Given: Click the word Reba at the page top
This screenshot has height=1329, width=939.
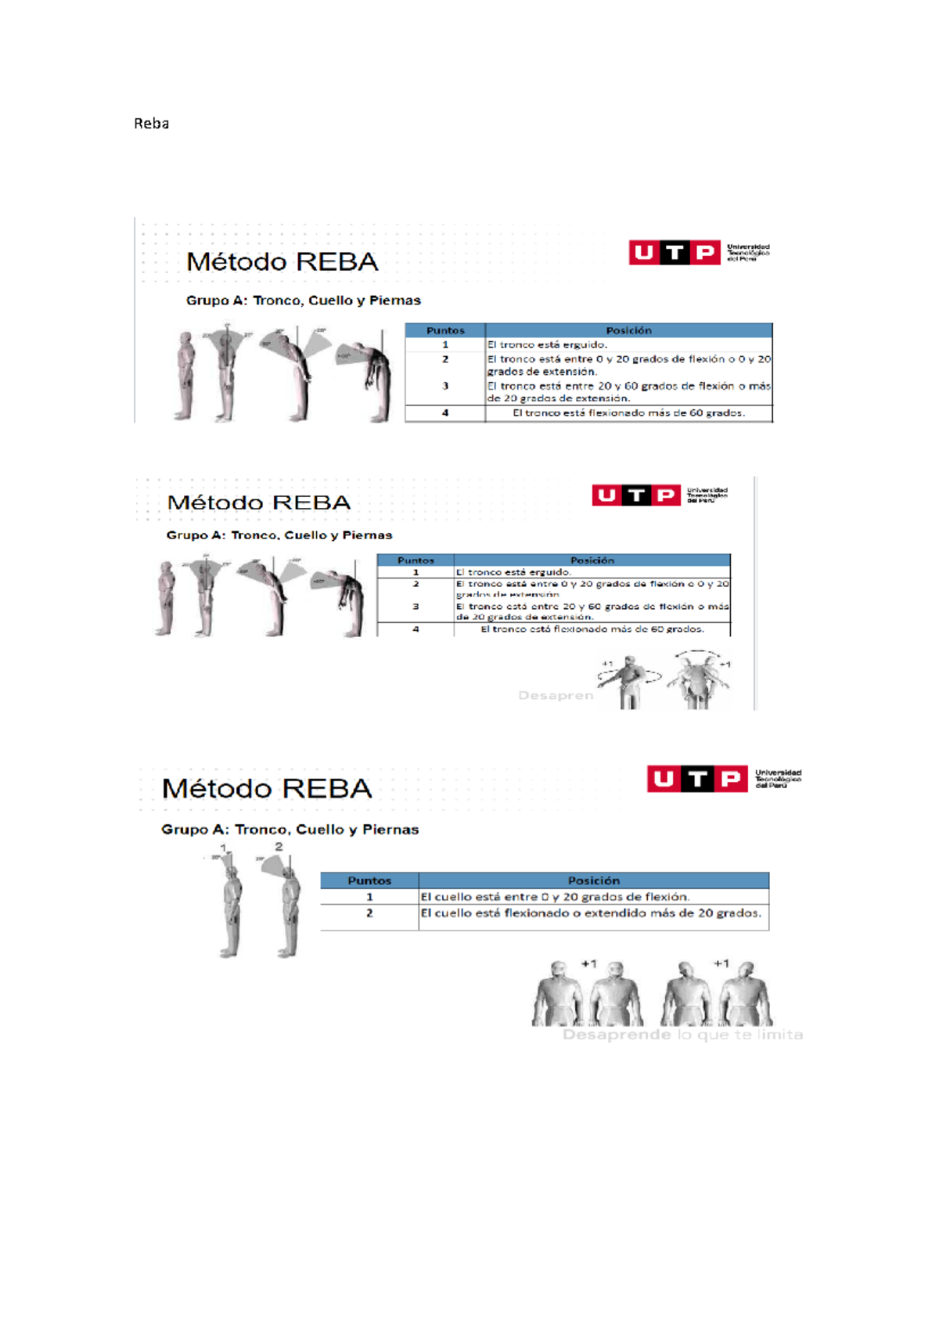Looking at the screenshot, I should point(151,124).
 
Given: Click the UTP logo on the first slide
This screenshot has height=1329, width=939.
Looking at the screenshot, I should point(674,253).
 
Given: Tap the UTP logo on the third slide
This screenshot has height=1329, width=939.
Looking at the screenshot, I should point(696,779).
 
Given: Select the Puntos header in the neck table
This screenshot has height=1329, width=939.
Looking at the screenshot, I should point(369,881).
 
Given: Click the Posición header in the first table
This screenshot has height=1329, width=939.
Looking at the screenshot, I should point(628,330).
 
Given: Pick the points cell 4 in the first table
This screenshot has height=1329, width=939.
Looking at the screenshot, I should point(445,412).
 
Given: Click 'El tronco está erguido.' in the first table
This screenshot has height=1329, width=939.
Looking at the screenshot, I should point(547,344).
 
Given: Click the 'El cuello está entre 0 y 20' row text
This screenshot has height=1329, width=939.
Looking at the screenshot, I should point(555,897).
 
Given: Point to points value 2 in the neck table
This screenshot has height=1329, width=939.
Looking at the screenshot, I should point(369,913).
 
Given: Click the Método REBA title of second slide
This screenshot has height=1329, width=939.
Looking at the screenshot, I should point(259,502).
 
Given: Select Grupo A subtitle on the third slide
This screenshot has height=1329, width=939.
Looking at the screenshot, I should point(290,830).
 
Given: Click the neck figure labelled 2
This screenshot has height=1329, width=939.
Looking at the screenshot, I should point(288,908).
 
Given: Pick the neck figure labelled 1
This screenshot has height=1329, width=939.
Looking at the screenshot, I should point(230,908).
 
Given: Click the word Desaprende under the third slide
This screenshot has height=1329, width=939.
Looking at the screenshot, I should point(616,1035).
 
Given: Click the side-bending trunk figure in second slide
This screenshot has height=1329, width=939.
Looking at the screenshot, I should point(698,681).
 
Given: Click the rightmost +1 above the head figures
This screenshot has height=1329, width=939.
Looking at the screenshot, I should point(721,963).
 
